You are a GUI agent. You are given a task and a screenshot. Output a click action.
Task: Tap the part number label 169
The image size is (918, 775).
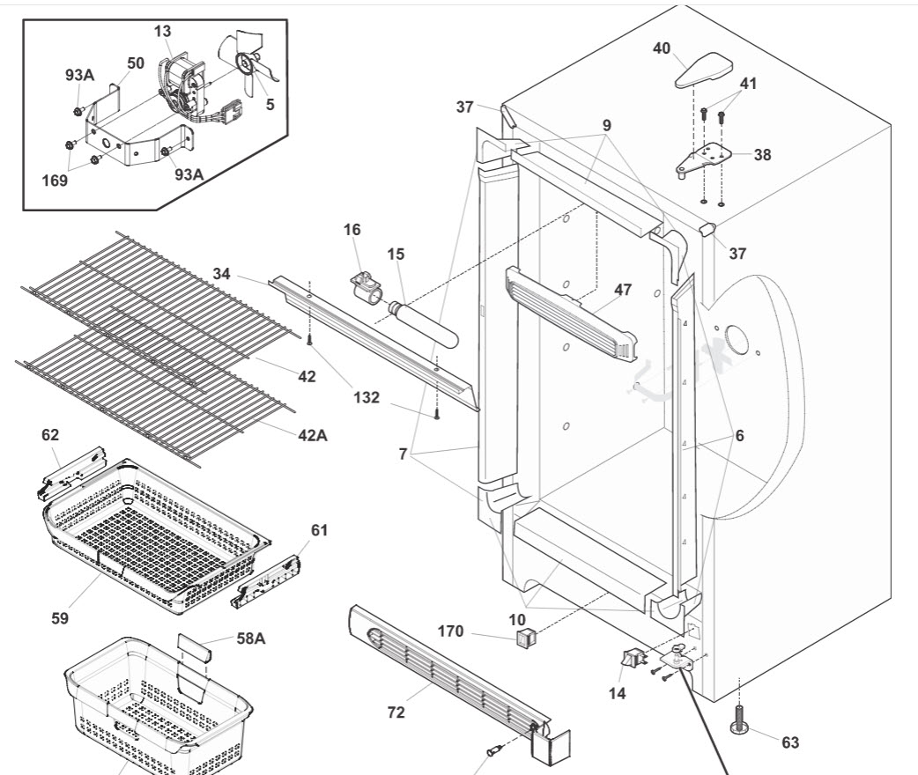54,181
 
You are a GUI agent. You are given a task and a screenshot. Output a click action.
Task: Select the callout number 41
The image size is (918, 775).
748,84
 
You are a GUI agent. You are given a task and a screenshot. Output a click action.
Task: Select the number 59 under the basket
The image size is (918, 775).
60,618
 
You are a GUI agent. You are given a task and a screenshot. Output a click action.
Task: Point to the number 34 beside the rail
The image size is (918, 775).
220,275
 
